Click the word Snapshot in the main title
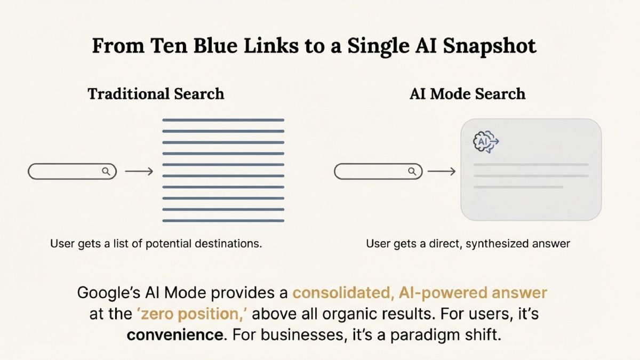coord(490,46)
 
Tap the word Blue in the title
coord(215,46)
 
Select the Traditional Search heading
coord(156,94)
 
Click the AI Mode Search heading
coord(467,94)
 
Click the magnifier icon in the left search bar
coord(106,171)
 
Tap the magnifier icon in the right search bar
coord(412,171)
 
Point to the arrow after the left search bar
coord(139,171)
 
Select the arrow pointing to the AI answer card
coord(442,171)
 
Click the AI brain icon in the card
coord(486,142)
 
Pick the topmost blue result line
coord(223,120)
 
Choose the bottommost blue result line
coord(223,221)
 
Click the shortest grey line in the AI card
coord(518,187)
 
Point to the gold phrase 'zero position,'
coord(194,314)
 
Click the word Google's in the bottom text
coord(109,293)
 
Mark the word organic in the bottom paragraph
coord(350,314)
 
